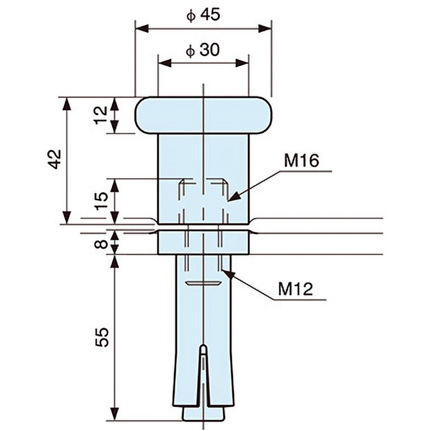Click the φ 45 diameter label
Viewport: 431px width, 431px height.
[x=203, y=15]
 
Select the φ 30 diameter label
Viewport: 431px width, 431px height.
[x=203, y=50]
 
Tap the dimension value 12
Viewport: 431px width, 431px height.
[x=102, y=115]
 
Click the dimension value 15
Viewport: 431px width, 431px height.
[x=102, y=200]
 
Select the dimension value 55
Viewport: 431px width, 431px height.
[x=102, y=337]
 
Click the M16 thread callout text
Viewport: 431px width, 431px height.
[x=302, y=161]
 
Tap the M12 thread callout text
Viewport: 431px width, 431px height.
[x=295, y=289]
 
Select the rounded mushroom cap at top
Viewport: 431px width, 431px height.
[x=203, y=115]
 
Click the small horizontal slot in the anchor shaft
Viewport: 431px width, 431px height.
[x=203, y=283]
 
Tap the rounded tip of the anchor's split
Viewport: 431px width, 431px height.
[x=203, y=347]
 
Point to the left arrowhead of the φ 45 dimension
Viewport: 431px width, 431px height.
[x=142, y=29]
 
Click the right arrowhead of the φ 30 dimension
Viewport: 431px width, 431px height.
[x=242, y=63]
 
